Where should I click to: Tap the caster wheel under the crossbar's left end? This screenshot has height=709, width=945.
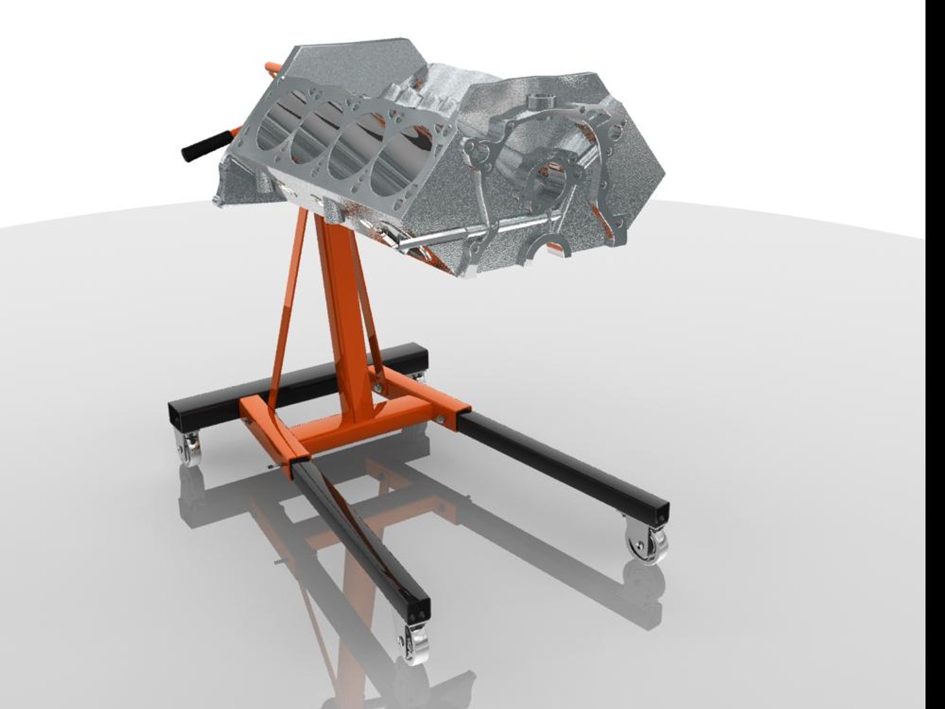point(190,453)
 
